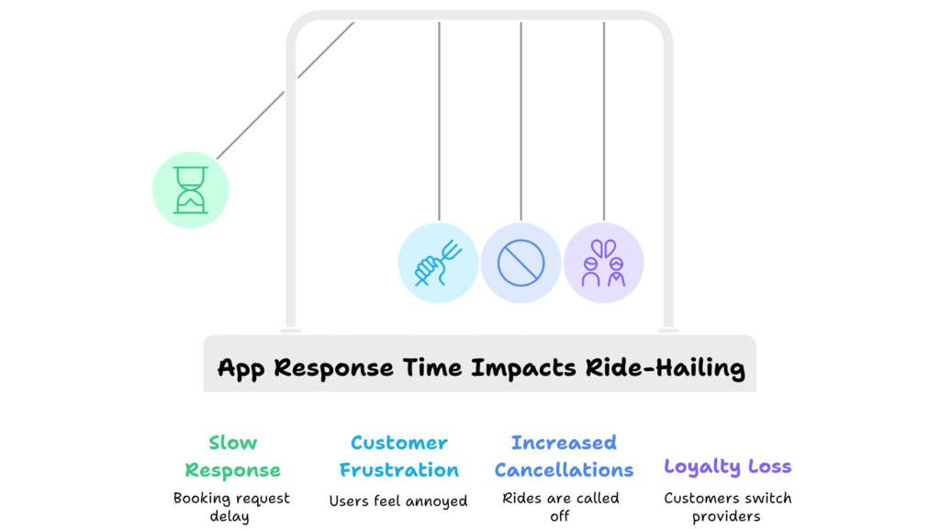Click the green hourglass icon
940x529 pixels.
[191, 190]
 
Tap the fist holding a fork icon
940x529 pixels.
[438, 263]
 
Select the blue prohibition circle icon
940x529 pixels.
[521, 263]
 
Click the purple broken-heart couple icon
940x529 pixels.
[604, 263]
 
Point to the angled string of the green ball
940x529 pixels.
[285, 91]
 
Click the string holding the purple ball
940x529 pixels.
[604, 121]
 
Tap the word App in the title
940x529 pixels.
[241, 368]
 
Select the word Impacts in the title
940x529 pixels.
[523, 368]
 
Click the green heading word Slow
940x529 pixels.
[232, 443]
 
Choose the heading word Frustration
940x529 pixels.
[398, 469]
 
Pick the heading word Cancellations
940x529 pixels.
[564, 469]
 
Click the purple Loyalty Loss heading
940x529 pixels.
[727, 467]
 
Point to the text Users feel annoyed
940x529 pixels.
[398, 501]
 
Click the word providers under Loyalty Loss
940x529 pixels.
[726, 516]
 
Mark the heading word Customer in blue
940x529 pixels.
[398, 443]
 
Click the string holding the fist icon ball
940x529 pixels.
[439, 121]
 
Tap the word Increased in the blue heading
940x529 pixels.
[564, 443]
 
